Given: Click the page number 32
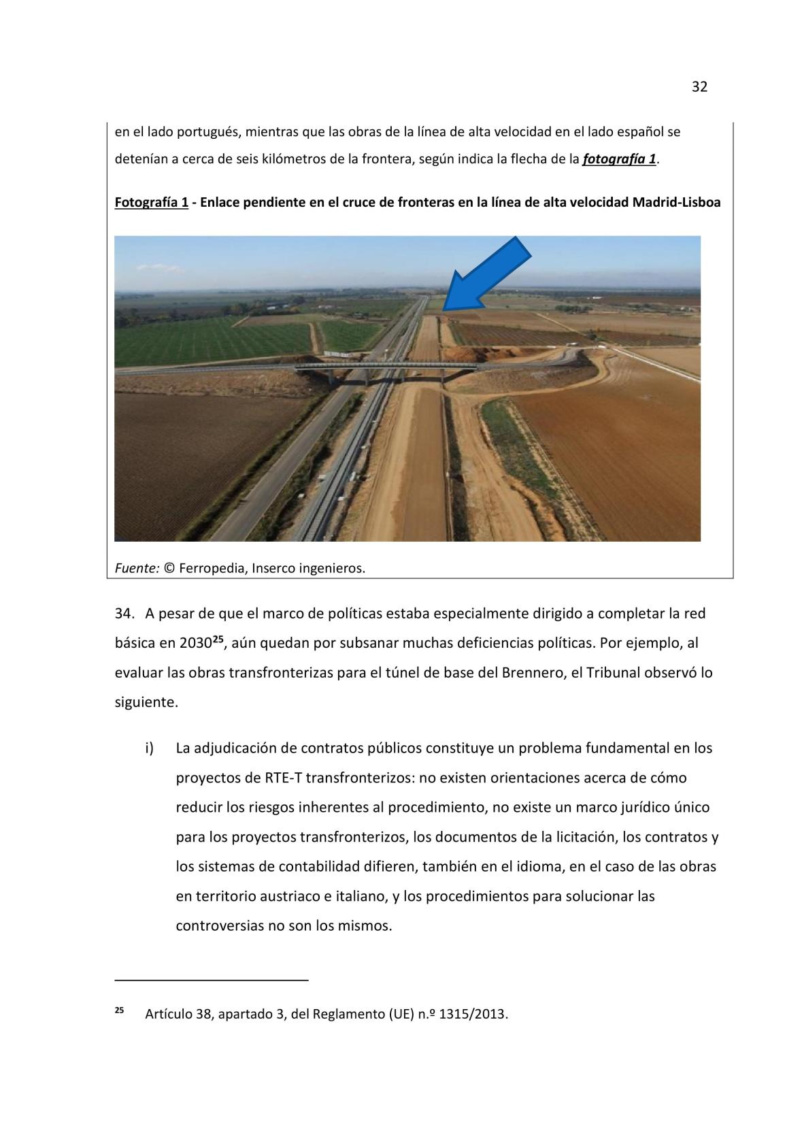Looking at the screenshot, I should pyautogui.click(x=699, y=86).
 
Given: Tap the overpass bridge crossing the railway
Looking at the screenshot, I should pyautogui.click(x=381, y=367).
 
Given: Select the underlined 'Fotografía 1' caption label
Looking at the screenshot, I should pyautogui.click(x=151, y=202).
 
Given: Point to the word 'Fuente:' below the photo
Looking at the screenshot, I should pyautogui.click(x=136, y=567).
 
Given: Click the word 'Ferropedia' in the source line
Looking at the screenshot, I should pyautogui.click(x=212, y=567).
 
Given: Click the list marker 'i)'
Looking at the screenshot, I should pyautogui.click(x=149, y=748).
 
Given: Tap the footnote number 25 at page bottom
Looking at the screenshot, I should pyautogui.click(x=119, y=1010).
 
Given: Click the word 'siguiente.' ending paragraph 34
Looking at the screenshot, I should pyautogui.click(x=146, y=702).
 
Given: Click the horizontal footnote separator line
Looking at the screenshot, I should pyautogui.click(x=211, y=980).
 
